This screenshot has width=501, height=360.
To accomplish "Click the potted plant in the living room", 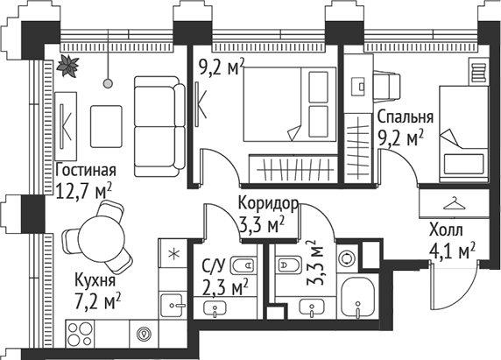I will (68, 65).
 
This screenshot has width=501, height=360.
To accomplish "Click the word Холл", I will (446, 232).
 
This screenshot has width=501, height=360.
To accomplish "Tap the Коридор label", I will (268, 204).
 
